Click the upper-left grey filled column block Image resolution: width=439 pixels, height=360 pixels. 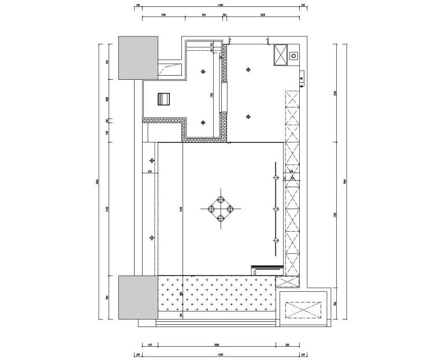[x=138, y=58]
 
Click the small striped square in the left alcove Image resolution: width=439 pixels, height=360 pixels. [x=164, y=99]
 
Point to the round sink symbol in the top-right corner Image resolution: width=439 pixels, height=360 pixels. [x=293, y=56]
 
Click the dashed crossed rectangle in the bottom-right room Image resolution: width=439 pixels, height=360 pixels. [x=304, y=310]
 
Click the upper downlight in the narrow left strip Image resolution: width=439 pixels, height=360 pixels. [x=152, y=160]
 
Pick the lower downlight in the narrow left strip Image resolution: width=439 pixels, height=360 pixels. [x=152, y=236]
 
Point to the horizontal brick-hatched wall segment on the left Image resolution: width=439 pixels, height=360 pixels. [x=163, y=121]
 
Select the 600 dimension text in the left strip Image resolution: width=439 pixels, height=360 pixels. [x=149, y=172]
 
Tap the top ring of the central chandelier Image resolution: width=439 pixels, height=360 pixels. [x=220, y=199]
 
